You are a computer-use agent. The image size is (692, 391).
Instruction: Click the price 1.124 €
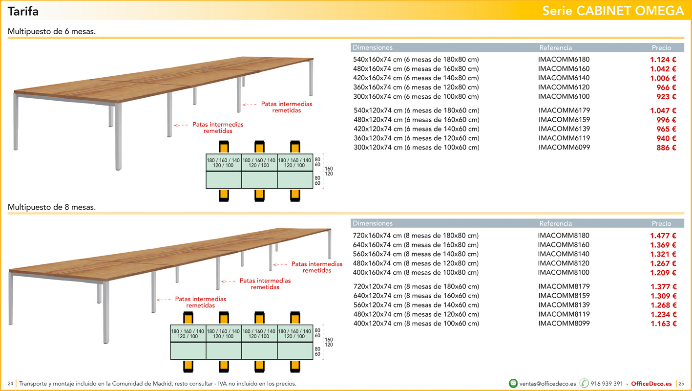[x=663, y=60]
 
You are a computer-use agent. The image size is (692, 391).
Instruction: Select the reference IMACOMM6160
[x=564, y=68]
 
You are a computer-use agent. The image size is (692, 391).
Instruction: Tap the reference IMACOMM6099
[x=564, y=147]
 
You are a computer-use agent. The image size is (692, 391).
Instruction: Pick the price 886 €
[x=666, y=148]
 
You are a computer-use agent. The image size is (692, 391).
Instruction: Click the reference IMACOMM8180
[x=564, y=236]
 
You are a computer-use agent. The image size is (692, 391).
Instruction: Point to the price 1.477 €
[x=663, y=236]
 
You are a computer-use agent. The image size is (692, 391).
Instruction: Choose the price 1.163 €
[x=664, y=324]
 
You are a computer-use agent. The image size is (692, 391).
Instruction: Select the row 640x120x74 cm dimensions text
[x=416, y=296]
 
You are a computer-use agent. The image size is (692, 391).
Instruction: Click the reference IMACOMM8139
[x=564, y=305]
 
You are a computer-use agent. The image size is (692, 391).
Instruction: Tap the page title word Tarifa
[x=23, y=11]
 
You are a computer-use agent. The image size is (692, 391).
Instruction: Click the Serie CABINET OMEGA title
[x=613, y=11]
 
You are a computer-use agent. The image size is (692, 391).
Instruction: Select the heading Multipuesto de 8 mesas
[x=52, y=207]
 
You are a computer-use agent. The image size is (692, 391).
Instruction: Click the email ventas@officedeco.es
[x=547, y=384]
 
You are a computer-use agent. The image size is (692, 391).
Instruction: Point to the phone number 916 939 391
[x=607, y=384]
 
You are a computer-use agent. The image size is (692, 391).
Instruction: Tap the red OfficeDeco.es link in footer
[x=651, y=384]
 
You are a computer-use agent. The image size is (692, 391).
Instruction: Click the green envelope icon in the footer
[x=513, y=383]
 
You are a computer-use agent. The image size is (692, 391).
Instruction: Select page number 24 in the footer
[x=11, y=384]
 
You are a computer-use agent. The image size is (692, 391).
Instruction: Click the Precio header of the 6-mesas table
[x=661, y=47]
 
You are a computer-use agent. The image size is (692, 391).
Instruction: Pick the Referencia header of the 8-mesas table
[x=555, y=223]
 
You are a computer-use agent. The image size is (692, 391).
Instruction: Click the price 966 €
[x=666, y=87]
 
